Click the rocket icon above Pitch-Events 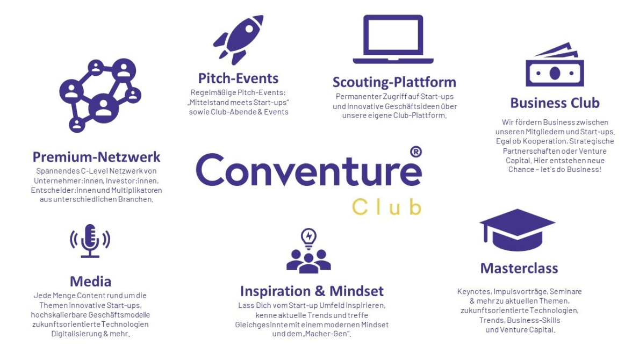[x=239, y=40]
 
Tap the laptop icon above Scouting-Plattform [x=393, y=39]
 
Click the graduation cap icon [x=518, y=230]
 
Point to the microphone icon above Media [x=90, y=241]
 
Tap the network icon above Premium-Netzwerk [x=100, y=95]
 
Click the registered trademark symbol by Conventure [x=416, y=152]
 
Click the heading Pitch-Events [x=238, y=78]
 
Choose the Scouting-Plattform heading [x=394, y=82]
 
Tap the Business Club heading [x=555, y=103]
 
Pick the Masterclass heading [x=519, y=268]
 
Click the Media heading [x=90, y=282]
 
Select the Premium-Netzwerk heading [x=96, y=157]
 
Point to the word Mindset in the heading [x=356, y=291]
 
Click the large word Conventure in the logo [x=308, y=169]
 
